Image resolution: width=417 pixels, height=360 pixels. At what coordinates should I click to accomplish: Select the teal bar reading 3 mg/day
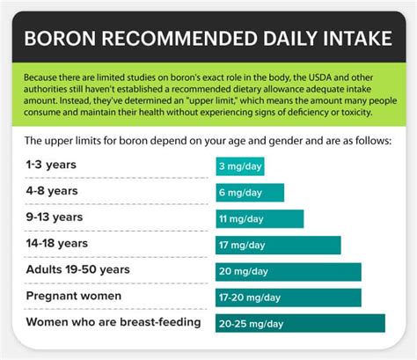click(x=239, y=166)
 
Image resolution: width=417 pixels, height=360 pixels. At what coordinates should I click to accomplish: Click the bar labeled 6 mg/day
click(x=250, y=193)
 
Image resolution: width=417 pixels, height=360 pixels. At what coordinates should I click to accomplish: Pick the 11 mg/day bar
click(x=260, y=219)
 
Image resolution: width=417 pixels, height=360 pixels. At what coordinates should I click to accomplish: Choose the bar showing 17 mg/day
click(x=278, y=246)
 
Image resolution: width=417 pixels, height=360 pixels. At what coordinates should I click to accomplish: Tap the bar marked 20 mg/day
click(x=289, y=272)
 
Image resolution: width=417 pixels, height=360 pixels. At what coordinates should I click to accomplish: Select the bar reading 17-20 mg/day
click(x=289, y=298)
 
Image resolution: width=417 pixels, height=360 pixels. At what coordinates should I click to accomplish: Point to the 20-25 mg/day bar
click(x=300, y=324)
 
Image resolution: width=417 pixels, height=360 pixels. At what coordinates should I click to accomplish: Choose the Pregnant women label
click(x=74, y=296)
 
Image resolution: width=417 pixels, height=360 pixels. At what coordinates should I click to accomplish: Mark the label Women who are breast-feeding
click(x=113, y=322)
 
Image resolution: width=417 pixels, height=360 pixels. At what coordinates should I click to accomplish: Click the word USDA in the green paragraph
click(x=285, y=77)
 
